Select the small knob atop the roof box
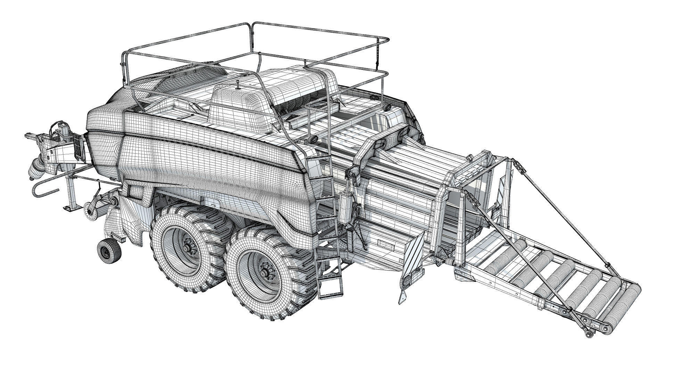[237, 84]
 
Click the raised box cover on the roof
[240, 108]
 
